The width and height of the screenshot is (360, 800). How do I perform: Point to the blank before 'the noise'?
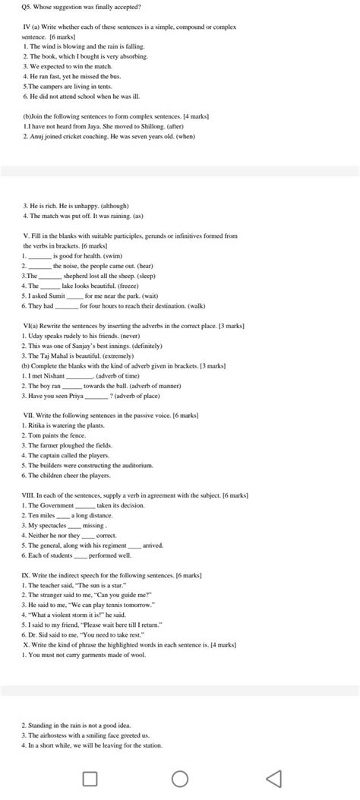pyautogui.click(x=40, y=266)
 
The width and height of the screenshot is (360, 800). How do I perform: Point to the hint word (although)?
pyautogui.click(x=112, y=206)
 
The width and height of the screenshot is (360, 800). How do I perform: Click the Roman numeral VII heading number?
pyautogui.click(x=28, y=416)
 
